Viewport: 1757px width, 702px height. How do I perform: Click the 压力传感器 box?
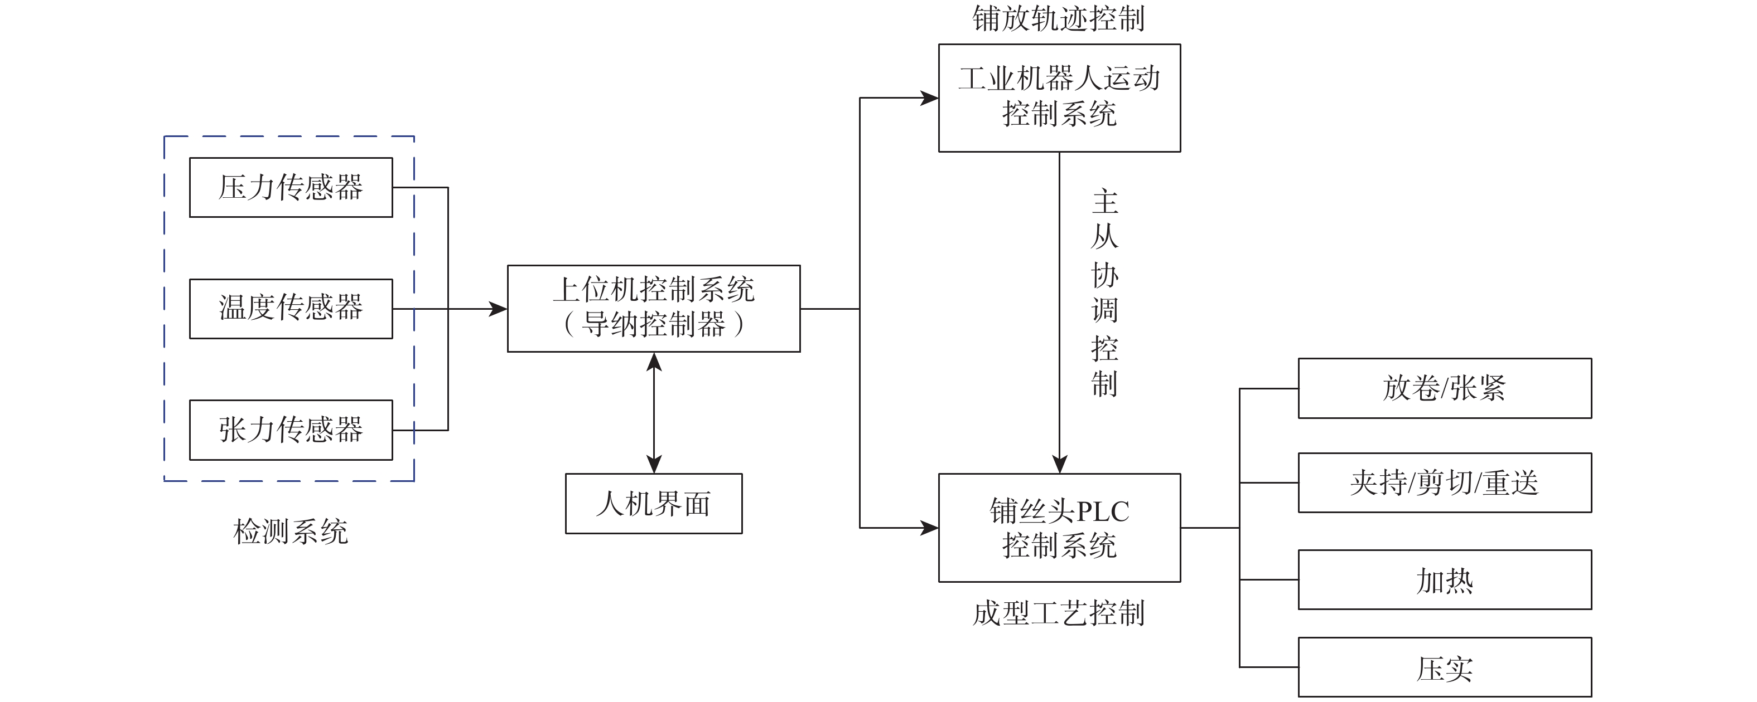pos(291,187)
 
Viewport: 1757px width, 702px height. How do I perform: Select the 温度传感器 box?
pos(291,308)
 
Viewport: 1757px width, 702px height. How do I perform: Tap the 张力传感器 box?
pos(291,430)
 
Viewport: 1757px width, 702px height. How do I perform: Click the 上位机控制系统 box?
pos(653,308)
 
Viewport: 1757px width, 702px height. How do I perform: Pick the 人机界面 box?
pos(653,504)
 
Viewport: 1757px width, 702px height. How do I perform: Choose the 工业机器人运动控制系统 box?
pos(1059,97)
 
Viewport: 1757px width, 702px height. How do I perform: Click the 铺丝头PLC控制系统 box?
pos(1059,528)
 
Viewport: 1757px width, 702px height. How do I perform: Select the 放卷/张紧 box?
pos(1445,388)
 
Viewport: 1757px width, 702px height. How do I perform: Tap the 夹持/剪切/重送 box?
pos(1445,482)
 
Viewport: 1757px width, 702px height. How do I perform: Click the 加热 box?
pos(1445,580)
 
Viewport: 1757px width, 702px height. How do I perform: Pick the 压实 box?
pos(1445,667)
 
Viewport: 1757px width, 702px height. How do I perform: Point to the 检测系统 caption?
pos(291,532)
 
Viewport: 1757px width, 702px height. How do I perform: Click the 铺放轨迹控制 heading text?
pos(1059,18)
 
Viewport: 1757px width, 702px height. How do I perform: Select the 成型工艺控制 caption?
pos(1059,613)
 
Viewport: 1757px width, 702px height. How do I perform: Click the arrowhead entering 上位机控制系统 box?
pos(499,309)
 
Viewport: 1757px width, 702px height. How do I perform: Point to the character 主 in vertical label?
pos(1105,202)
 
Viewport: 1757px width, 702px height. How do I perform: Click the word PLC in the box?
pos(1102,511)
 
